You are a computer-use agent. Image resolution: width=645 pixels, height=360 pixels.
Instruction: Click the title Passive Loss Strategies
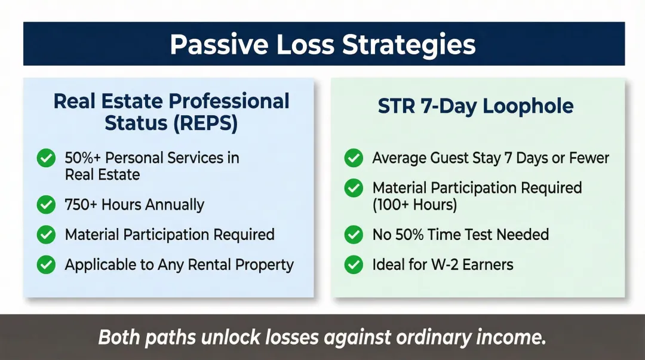(x=322, y=45)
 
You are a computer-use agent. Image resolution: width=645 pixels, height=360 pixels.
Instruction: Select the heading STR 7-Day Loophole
(x=475, y=106)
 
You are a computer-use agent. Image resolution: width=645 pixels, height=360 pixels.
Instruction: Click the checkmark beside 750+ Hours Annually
(x=46, y=205)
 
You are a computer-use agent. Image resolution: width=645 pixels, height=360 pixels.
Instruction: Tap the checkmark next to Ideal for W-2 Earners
(x=354, y=264)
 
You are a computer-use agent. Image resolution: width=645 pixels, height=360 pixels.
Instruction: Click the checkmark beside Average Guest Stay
(x=354, y=158)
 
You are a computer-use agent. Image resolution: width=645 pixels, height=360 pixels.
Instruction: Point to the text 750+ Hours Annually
(x=134, y=205)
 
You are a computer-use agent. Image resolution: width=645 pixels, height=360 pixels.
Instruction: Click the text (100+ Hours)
(x=414, y=205)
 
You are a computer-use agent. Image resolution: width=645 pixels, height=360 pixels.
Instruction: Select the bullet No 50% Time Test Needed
(x=460, y=235)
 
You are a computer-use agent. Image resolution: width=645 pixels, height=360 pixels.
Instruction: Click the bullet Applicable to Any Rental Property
(x=179, y=264)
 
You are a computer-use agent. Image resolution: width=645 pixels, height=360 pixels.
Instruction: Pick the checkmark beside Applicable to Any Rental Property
(x=46, y=264)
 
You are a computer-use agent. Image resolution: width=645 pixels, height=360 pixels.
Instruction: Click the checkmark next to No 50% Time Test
(x=354, y=235)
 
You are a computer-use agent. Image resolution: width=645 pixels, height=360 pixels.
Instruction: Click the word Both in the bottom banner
(x=118, y=337)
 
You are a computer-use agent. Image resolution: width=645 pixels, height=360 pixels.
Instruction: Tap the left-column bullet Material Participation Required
(x=170, y=235)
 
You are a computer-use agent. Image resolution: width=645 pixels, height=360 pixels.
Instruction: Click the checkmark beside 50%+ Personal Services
(x=46, y=158)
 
